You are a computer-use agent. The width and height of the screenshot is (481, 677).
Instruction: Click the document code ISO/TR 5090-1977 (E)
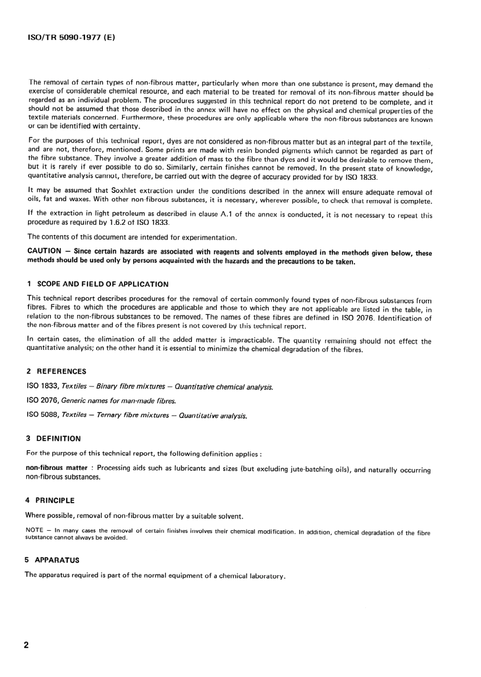[x=70, y=37]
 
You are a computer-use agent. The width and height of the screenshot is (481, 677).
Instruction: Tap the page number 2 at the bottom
[x=26, y=646]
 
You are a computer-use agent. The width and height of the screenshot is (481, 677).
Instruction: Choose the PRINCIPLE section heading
[x=55, y=500]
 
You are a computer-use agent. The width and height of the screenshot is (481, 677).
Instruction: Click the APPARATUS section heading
[x=57, y=560]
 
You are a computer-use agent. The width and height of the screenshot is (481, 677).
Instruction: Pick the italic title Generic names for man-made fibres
[x=118, y=401]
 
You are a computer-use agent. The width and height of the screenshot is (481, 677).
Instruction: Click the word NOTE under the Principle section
[x=34, y=530]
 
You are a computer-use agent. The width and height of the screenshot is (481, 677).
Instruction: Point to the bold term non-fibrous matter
[x=56, y=468]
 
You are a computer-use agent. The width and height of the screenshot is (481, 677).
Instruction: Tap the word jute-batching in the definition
[x=311, y=469]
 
